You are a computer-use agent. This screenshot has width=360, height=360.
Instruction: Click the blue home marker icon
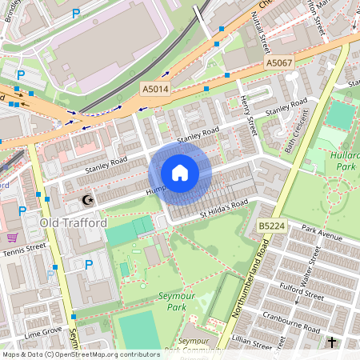[180, 172]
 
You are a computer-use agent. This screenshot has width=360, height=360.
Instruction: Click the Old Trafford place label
[73, 222]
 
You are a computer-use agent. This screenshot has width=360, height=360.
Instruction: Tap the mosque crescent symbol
[88, 199]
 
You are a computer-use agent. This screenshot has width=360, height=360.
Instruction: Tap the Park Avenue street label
[322, 232]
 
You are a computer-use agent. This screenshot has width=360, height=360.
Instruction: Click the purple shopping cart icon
[12, 238]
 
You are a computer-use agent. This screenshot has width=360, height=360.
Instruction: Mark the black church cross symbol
[332, 343]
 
